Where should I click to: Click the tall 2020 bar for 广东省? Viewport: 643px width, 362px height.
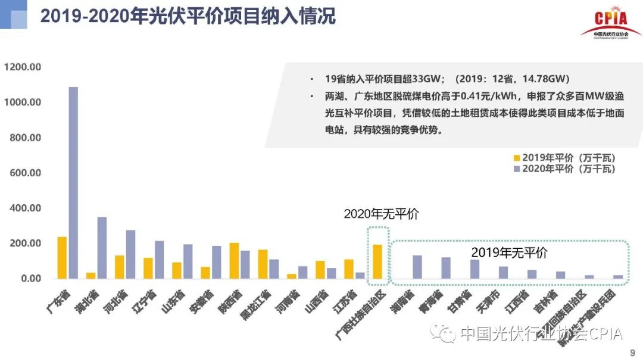(x=73, y=183)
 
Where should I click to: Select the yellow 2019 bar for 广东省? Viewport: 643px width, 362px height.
(x=62, y=258)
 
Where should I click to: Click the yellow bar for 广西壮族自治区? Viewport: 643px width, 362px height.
(x=377, y=261)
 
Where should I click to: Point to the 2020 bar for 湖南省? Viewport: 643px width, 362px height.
(x=417, y=267)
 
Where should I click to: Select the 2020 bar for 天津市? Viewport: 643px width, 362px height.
(x=503, y=272)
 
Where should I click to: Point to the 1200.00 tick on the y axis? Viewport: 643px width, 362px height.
(x=22, y=67)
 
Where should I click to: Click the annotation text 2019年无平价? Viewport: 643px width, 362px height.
(x=509, y=252)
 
